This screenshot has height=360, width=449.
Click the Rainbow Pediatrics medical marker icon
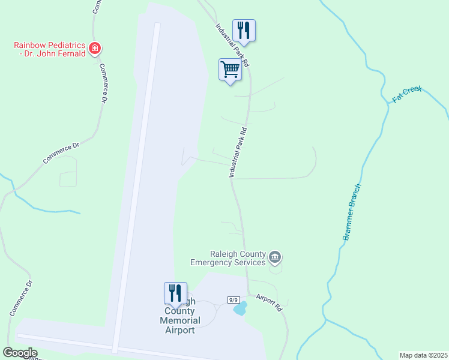(94, 48)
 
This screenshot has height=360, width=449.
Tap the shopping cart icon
(231, 70)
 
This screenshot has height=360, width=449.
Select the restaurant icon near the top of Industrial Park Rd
(244, 29)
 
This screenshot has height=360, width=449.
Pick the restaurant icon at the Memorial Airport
(175, 293)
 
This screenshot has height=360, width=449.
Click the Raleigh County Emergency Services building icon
(276, 258)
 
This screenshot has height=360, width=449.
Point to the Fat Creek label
(408, 94)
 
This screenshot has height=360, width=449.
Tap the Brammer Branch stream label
(352, 212)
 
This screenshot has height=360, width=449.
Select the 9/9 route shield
(234, 299)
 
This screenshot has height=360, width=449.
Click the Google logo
(20, 353)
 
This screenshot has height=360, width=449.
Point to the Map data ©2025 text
(423, 355)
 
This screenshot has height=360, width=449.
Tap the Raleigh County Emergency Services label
(228, 258)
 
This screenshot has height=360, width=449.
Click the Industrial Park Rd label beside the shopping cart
(233, 44)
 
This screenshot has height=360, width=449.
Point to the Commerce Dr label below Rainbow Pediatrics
(103, 83)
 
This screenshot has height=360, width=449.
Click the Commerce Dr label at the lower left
(20, 298)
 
